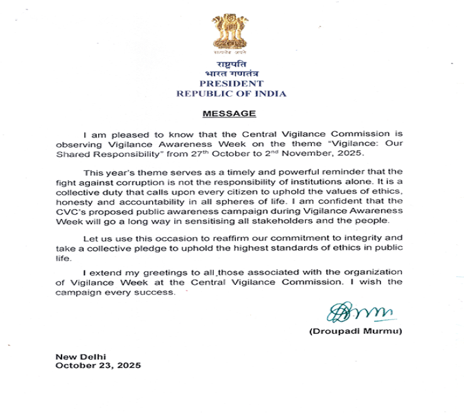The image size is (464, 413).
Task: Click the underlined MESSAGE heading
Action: [229, 114]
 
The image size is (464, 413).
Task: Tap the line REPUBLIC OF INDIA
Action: [231, 94]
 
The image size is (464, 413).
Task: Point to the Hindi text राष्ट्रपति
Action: [231, 65]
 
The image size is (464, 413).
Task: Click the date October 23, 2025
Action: [97, 365]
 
